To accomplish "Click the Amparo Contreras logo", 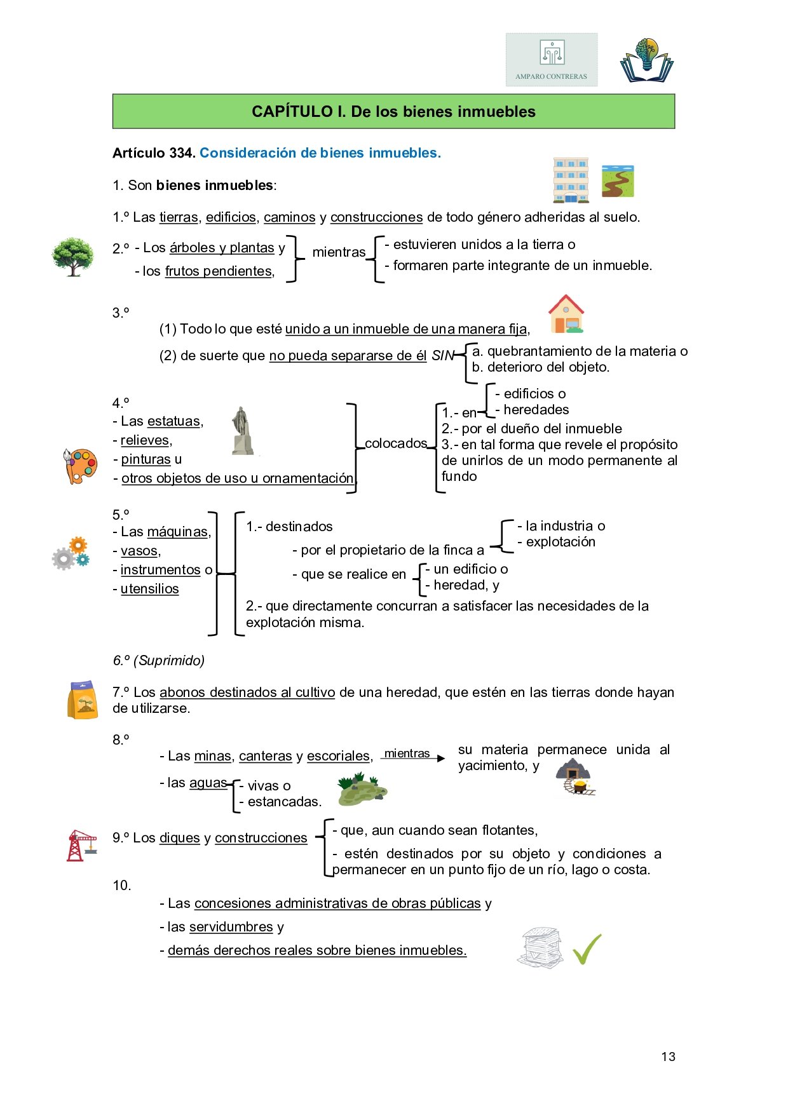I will (x=551, y=59).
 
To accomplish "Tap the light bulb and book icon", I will (x=646, y=60).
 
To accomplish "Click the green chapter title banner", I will (x=393, y=111).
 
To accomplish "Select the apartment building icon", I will (x=570, y=180).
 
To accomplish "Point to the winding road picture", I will (x=618, y=181).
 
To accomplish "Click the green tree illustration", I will (x=73, y=257).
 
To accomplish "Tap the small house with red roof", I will (x=566, y=314).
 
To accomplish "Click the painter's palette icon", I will (x=80, y=466).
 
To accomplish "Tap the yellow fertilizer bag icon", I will (x=83, y=700).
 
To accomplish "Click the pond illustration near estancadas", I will (x=362, y=789).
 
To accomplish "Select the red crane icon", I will (x=82, y=846).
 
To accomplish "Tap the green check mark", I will (x=587, y=949).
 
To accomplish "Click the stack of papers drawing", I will (x=541, y=948).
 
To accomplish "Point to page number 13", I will (x=668, y=1057).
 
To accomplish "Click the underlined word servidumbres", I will (x=231, y=927).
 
